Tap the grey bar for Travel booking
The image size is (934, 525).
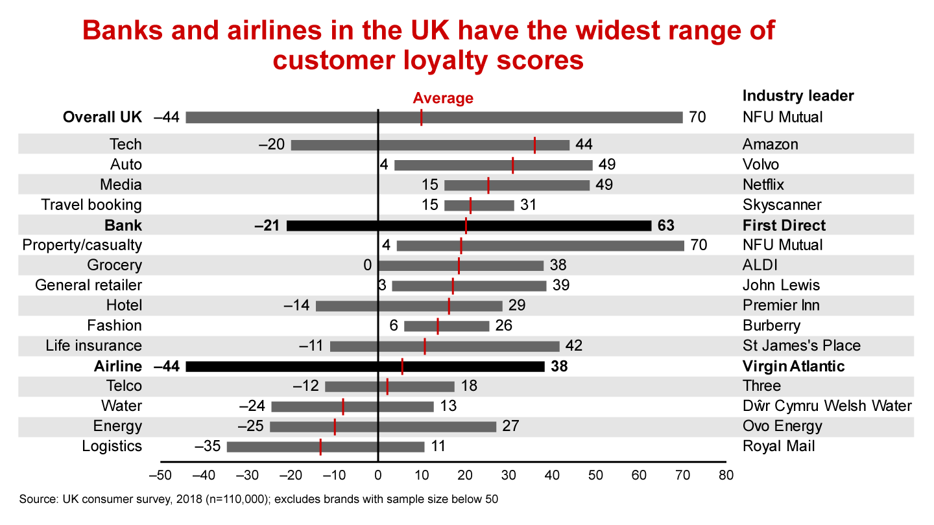click(x=479, y=205)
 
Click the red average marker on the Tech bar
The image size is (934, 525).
click(x=534, y=145)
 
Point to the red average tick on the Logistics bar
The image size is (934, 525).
click(x=320, y=447)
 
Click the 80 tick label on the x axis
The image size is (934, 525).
click(x=726, y=475)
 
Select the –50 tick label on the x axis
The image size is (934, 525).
click(x=160, y=475)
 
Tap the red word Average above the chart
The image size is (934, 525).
click(x=443, y=99)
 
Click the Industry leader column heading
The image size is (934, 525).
click(x=798, y=96)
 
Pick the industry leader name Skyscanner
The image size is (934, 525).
click(x=782, y=205)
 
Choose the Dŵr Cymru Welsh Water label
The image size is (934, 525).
click(x=827, y=406)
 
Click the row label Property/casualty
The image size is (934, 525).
click(x=82, y=245)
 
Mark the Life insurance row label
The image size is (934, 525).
click(x=94, y=346)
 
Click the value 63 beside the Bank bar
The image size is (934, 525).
click(x=665, y=226)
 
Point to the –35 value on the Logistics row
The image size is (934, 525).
click(x=208, y=447)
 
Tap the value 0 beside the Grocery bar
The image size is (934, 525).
click(x=367, y=265)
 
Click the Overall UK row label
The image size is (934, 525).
click(x=102, y=117)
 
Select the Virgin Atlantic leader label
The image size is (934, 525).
click(x=793, y=366)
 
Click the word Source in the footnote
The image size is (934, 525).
click(x=38, y=500)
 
